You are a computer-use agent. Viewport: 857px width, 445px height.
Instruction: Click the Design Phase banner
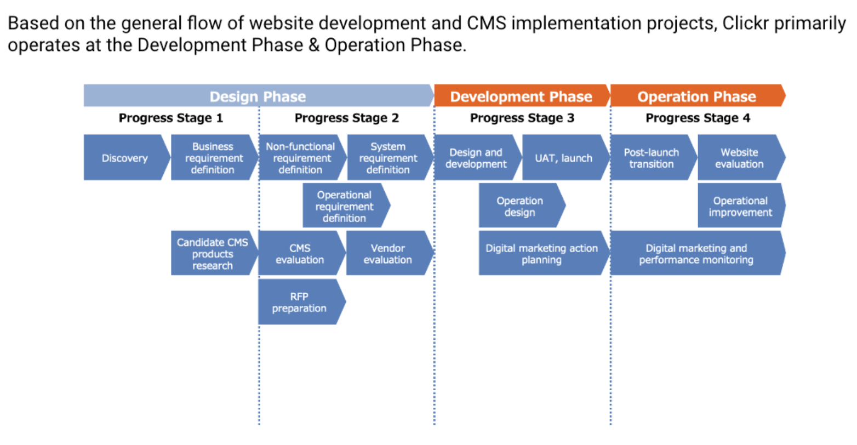click(259, 96)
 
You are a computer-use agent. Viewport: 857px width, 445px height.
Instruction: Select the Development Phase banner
click(522, 96)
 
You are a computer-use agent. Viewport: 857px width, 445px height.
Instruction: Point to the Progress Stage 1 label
click(170, 118)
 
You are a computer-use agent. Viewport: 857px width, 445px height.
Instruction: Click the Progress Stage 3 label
click(522, 118)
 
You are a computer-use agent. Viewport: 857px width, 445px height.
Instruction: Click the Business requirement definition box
click(215, 157)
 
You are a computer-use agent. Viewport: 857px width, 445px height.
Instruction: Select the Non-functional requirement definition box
click(302, 157)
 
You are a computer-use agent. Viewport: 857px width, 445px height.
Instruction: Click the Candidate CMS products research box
click(215, 253)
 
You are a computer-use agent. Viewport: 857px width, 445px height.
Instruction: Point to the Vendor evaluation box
click(390, 253)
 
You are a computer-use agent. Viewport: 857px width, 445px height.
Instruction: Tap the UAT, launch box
click(566, 157)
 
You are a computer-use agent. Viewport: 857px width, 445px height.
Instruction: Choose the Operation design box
click(522, 206)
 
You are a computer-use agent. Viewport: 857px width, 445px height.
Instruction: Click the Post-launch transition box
click(654, 157)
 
